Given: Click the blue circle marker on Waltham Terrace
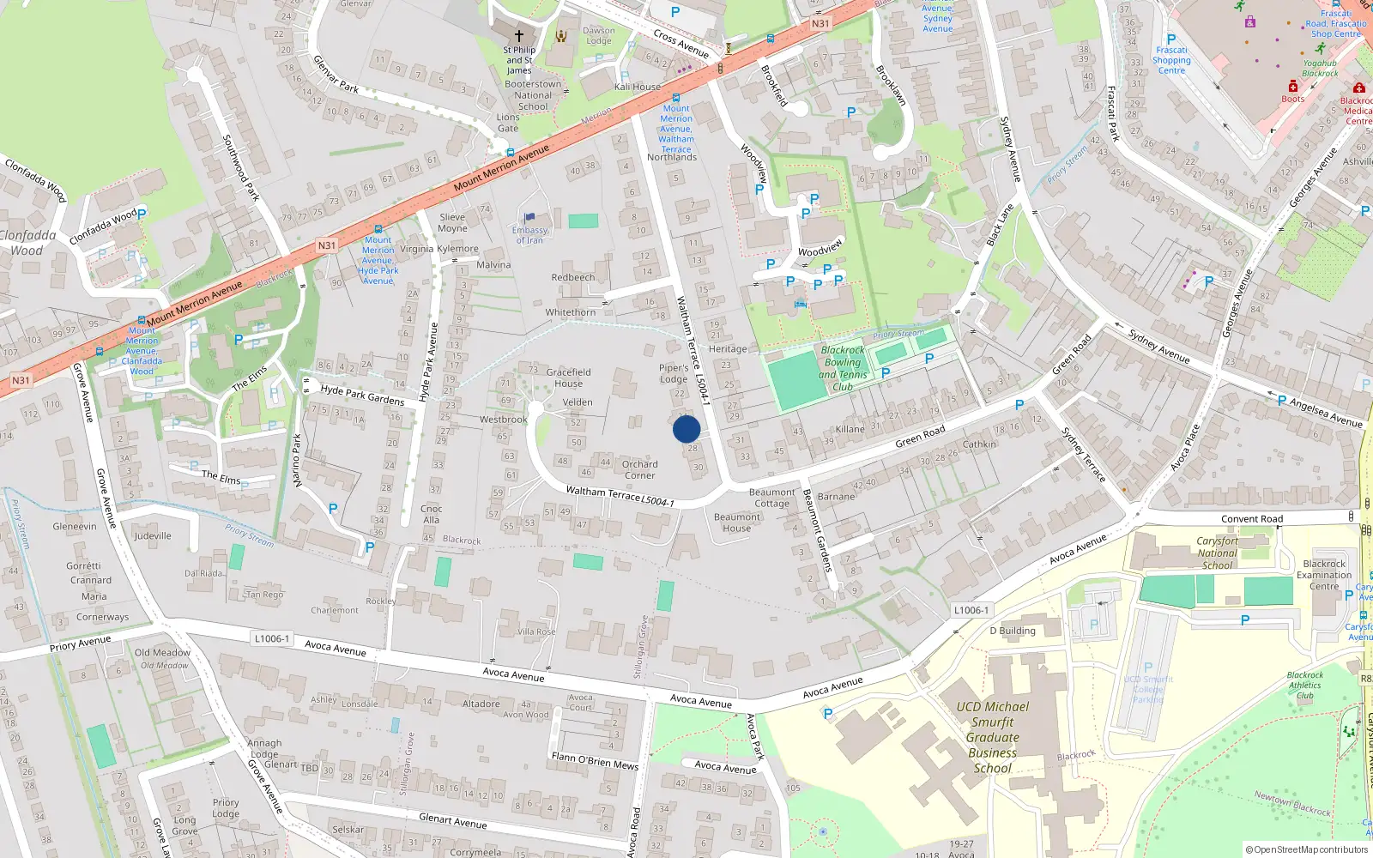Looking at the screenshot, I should point(686,429).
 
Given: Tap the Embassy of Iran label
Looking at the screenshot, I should point(529,235).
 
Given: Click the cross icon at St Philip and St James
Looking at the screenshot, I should point(518,36).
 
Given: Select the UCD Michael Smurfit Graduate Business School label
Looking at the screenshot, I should point(992,737).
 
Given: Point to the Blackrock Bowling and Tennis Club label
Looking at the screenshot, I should point(843,368).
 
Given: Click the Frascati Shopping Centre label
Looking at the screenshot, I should point(1171,60).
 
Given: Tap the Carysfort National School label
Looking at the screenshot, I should point(1217,553).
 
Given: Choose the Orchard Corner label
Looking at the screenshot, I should point(640,469).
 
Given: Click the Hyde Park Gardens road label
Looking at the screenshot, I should point(362,395).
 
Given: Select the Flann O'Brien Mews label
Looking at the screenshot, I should point(595,761).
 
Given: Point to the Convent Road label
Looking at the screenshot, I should point(1252,519).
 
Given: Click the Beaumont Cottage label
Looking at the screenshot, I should point(771,498).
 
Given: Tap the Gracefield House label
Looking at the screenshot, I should point(568,378).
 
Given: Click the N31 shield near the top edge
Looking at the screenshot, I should point(820,24).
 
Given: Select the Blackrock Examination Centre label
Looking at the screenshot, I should point(1324,575).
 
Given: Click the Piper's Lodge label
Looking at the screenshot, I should point(674,373).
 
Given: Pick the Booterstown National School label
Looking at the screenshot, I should point(533,95).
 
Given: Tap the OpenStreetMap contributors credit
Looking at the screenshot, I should point(1307,849).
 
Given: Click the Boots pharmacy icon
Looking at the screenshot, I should point(1293,86).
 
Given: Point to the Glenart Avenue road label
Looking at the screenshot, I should point(452,821).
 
